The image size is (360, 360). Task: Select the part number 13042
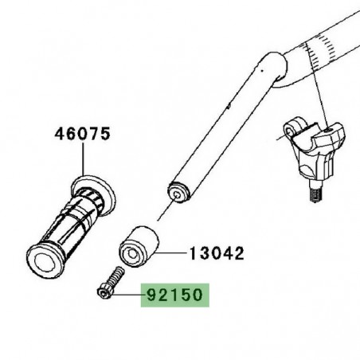point(216,254)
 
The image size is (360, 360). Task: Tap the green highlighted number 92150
point(174,297)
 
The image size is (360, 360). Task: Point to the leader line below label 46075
point(82,159)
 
